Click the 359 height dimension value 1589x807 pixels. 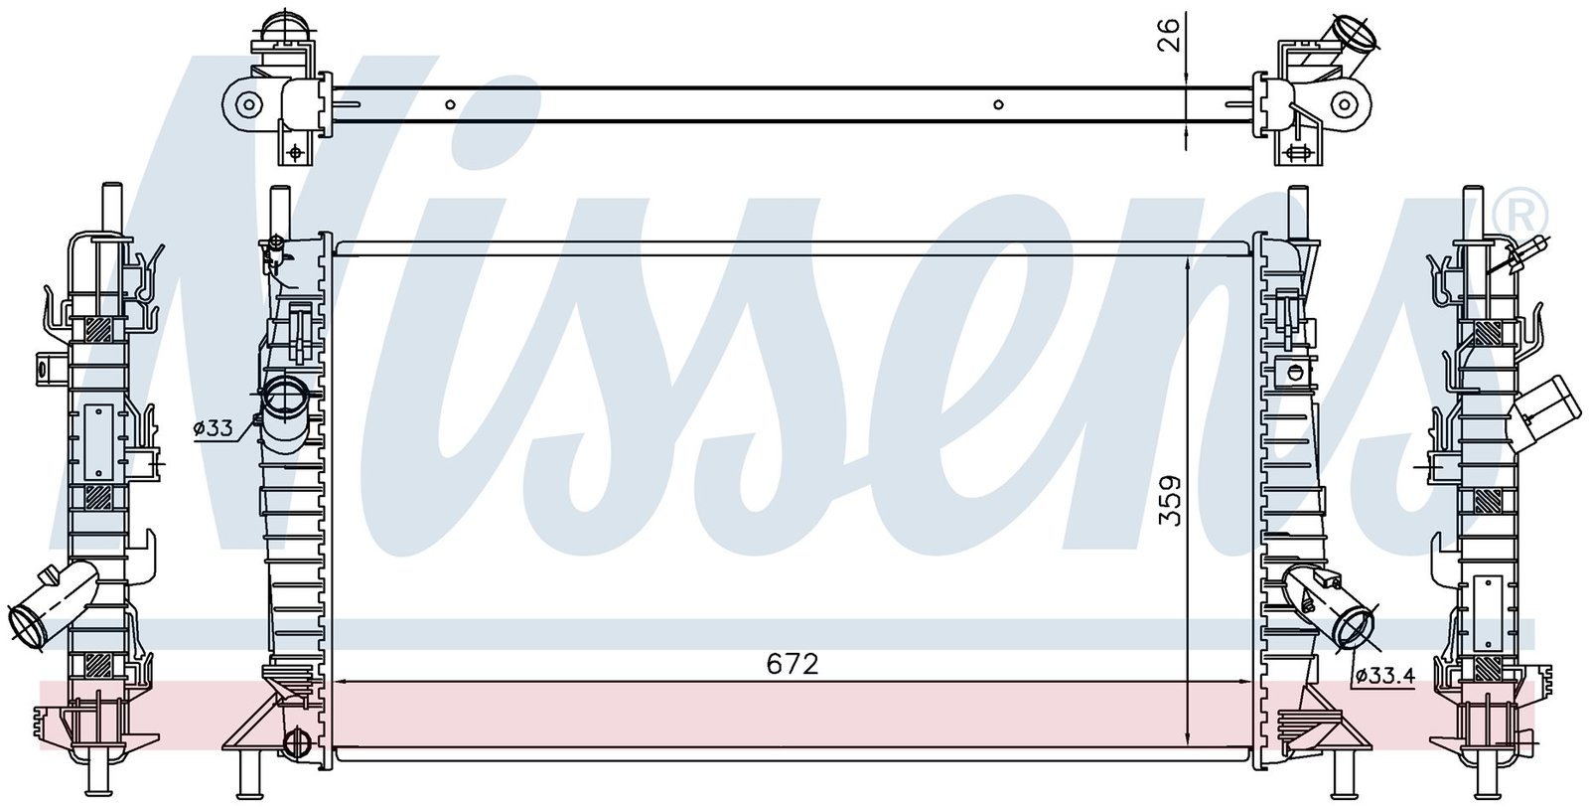(x=1171, y=500)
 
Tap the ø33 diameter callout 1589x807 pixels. (x=213, y=428)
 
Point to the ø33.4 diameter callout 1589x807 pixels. (x=1384, y=677)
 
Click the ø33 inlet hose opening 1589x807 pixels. (x=286, y=399)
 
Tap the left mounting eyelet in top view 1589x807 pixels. (x=248, y=105)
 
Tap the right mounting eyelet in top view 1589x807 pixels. (x=1342, y=105)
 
